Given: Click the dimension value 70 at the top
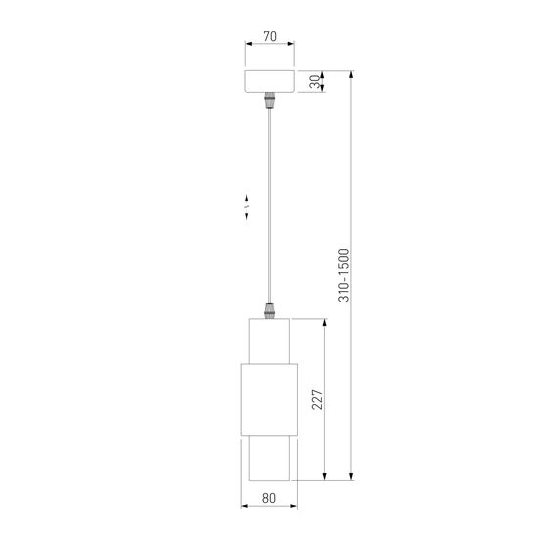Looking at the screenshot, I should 269,38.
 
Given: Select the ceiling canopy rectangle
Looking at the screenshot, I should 269,82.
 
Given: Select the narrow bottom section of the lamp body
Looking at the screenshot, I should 269,462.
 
